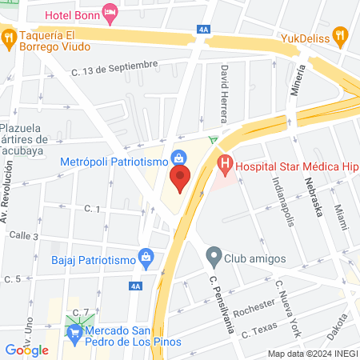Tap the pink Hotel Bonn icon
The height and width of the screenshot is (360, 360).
110,11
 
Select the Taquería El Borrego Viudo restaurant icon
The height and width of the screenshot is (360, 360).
9,35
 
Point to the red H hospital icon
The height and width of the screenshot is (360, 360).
226,166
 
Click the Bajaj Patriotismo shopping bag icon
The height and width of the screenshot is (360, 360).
146,258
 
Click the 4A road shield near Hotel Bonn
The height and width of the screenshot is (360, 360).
202,30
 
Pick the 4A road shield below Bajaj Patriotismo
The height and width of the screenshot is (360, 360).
134,286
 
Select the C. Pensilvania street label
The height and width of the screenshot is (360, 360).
222,303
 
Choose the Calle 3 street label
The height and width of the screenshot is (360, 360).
25,236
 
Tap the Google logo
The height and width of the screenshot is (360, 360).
26,350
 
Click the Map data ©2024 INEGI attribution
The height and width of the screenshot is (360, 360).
312,354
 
